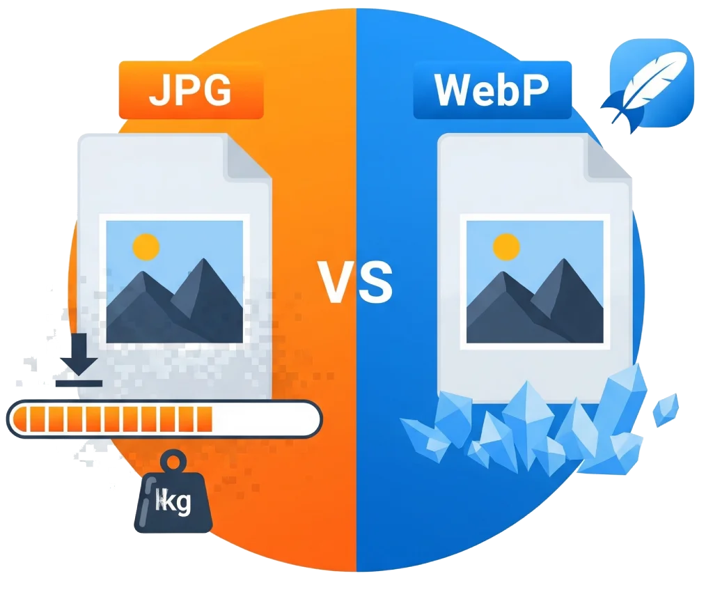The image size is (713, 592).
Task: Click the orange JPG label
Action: coord(191,90)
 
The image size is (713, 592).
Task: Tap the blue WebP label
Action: coord(492,90)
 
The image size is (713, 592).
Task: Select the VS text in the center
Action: coord(354,282)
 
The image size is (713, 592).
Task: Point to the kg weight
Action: coord(173,492)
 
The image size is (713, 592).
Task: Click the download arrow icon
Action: coord(79,360)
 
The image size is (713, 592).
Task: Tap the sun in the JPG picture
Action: coord(146,247)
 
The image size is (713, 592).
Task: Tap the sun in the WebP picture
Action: coord(506,247)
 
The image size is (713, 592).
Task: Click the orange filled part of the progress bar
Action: coord(113,419)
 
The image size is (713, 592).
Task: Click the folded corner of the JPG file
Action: coord(247,157)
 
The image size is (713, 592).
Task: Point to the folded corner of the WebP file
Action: coord(607,157)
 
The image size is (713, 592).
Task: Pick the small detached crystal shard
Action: coord(666,410)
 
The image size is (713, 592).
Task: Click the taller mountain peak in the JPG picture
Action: coord(204,260)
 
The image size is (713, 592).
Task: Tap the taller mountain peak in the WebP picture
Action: coord(564,260)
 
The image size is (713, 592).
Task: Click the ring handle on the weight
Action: coord(174,462)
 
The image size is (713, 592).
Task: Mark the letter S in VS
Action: coord(375,282)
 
